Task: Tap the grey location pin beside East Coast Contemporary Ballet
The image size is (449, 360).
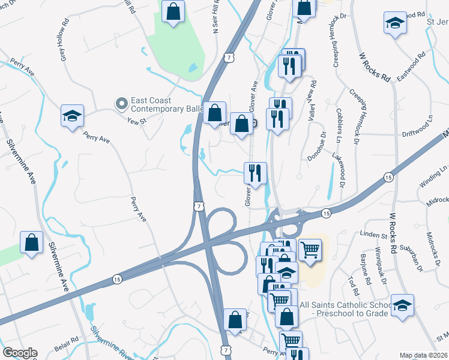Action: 122,104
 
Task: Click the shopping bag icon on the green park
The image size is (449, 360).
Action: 173,11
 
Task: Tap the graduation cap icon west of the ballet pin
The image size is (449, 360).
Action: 72,116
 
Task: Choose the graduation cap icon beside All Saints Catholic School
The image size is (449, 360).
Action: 402,304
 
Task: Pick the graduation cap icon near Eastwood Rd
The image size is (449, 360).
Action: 395,23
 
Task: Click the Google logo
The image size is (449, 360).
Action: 20,353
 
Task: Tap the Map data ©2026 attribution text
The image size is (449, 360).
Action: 424,355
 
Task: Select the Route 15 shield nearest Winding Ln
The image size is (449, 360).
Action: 388,178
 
